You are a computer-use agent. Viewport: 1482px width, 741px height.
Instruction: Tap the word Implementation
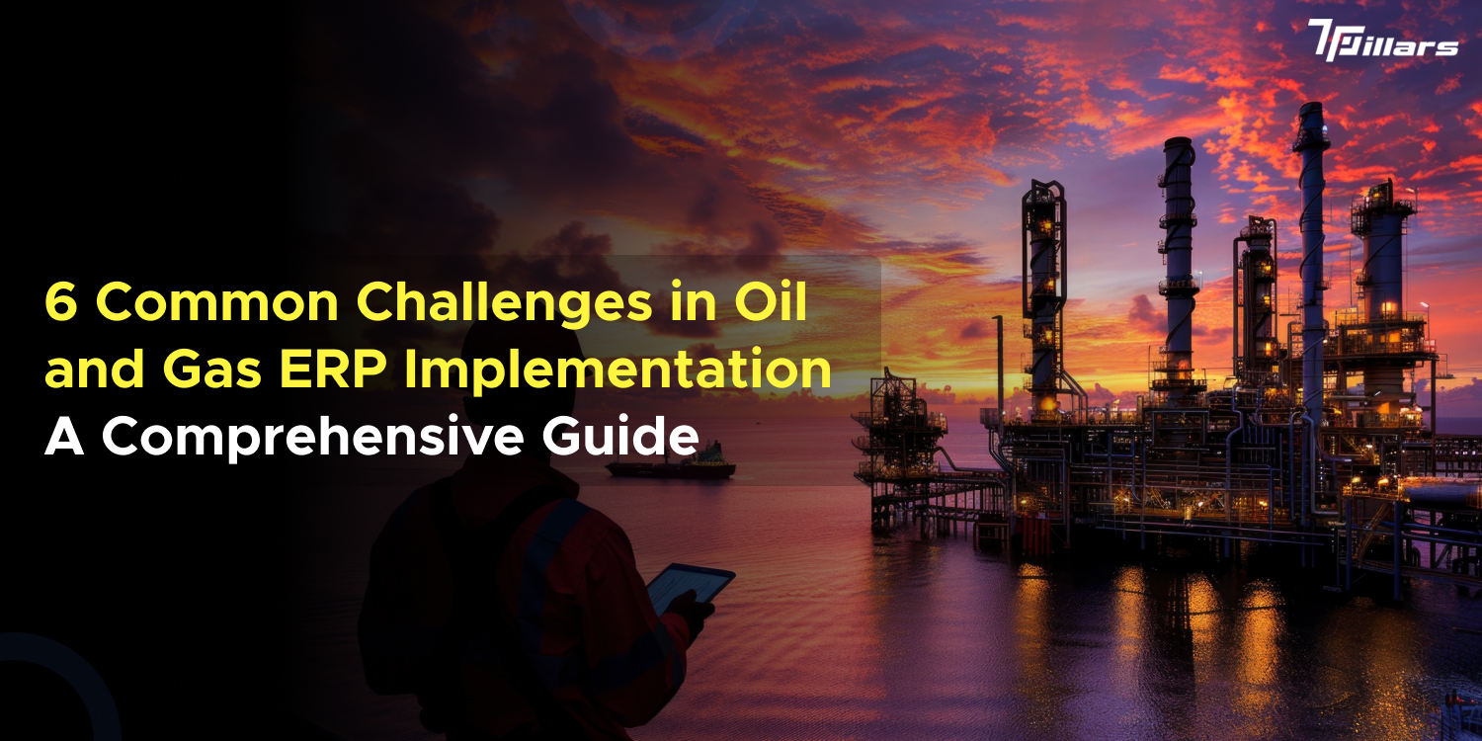click(x=626, y=371)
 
